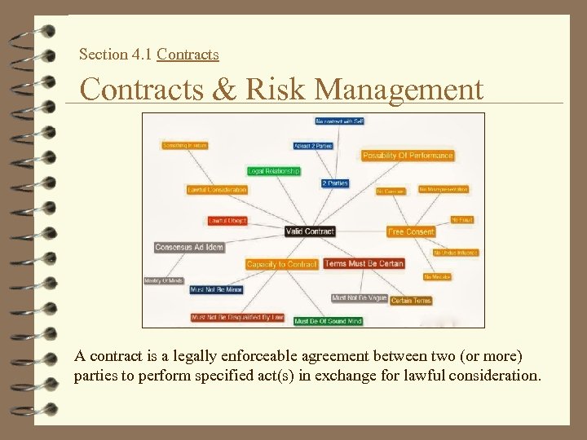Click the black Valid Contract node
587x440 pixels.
(x=310, y=231)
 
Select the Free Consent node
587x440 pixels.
(x=411, y=231)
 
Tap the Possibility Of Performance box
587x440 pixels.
(x=408, y=156)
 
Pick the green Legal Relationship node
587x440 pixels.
(x=274, y=171)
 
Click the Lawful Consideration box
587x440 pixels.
(x=217, y=190)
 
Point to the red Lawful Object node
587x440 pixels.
(x=227, y=221)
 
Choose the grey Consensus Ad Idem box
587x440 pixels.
(x=189, y=247)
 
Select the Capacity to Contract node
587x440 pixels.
(x=281, y=264)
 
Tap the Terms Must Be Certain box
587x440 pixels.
(x=364, y=263)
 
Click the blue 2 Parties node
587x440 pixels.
(x=334, y=183)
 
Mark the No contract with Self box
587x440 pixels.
(x=339, y=121)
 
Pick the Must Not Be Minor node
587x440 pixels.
(x=216, y=289)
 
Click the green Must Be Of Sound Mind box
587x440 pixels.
(x=328, y=321)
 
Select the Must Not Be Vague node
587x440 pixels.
(x=359, y=298)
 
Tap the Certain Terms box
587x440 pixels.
(x=411, y=301)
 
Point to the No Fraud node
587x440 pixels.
(x=462, y=220)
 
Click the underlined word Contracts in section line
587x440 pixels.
(x=188, y=55)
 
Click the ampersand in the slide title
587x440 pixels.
(x=220, y=89)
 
